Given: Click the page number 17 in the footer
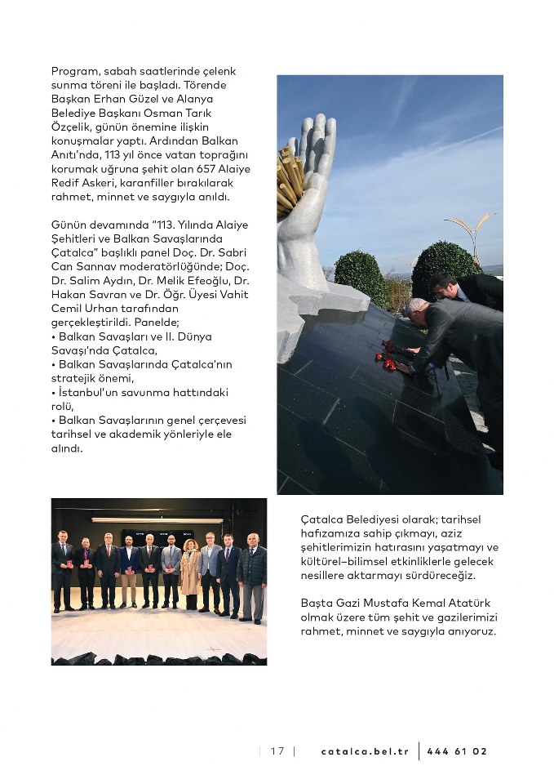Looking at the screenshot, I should pyautogui.click(x=277, y=751).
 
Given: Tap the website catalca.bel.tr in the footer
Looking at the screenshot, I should pyautogui.click(x=364, y=751).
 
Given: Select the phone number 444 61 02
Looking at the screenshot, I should pyautogui.click(x=456, y=751).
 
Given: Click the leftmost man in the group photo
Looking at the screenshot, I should pyautogui.click(x=62, y=571).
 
